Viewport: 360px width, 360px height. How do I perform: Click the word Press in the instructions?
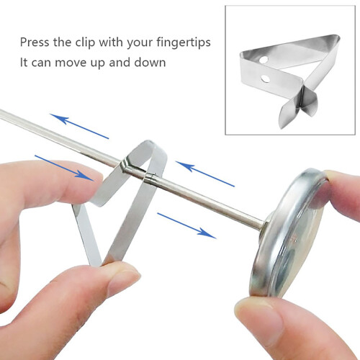click(x=34, y=42)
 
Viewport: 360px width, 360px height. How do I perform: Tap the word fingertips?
click(x=184, y=42)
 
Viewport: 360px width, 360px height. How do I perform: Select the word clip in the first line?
click(x=86, y=43)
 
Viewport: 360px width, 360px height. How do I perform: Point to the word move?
click(x=71, y=63)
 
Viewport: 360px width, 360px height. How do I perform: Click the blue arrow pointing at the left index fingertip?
click(x=64, y=168)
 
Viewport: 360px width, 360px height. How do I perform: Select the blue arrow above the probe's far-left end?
click(x=79, y=126)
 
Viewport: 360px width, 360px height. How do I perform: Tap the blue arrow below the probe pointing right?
click(x=186, y=225)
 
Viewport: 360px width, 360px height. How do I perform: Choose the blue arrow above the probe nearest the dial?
click(x=205, y=174)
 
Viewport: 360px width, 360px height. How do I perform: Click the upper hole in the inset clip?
click(x=264, y=60)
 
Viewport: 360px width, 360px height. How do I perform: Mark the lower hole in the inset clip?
click(x=265, y=78)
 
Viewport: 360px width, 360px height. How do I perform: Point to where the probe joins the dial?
click(x=264, y=225)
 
